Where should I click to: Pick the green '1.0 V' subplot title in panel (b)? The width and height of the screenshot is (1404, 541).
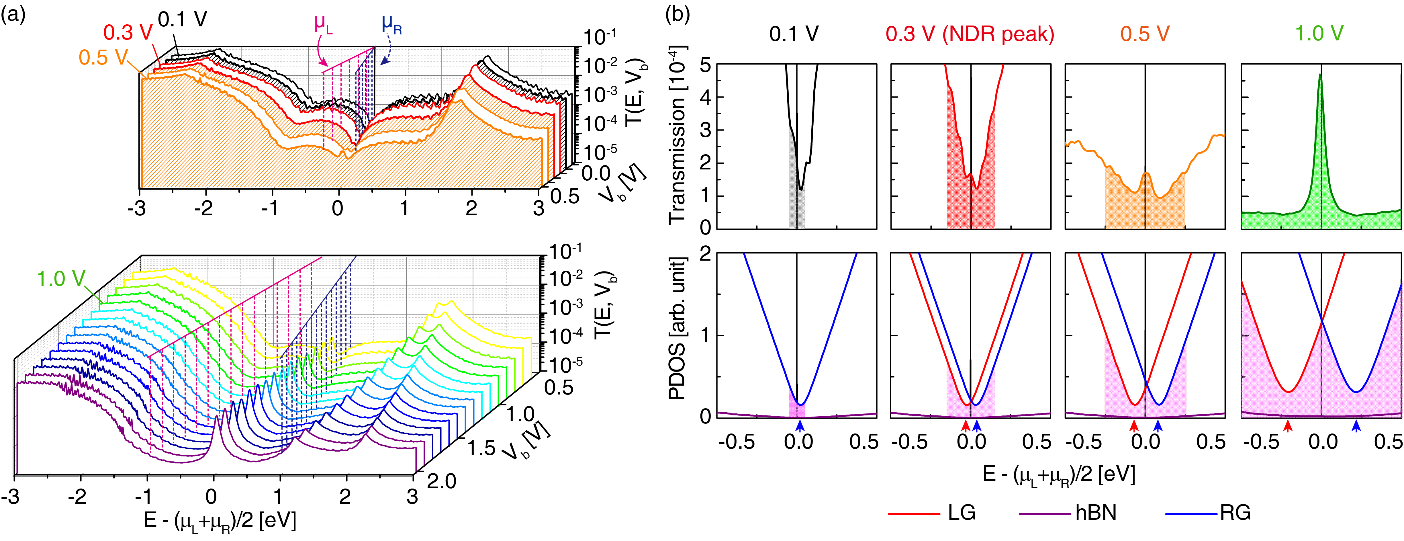1319,34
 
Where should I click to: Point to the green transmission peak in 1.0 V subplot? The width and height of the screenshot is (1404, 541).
1320,76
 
